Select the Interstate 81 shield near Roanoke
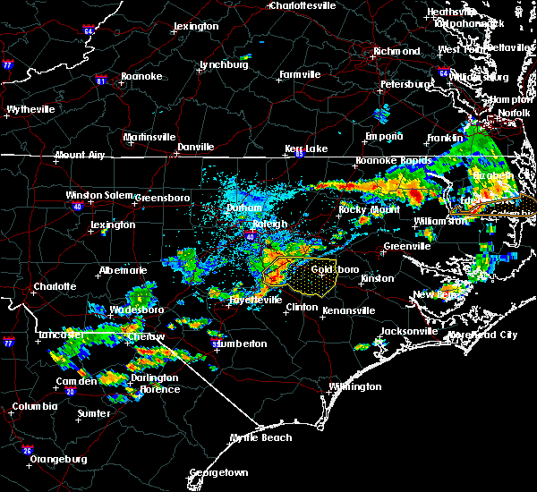point(100,81)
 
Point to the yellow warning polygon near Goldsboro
point(313,277)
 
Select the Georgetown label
point(217,472)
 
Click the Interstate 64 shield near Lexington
point(89,31)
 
